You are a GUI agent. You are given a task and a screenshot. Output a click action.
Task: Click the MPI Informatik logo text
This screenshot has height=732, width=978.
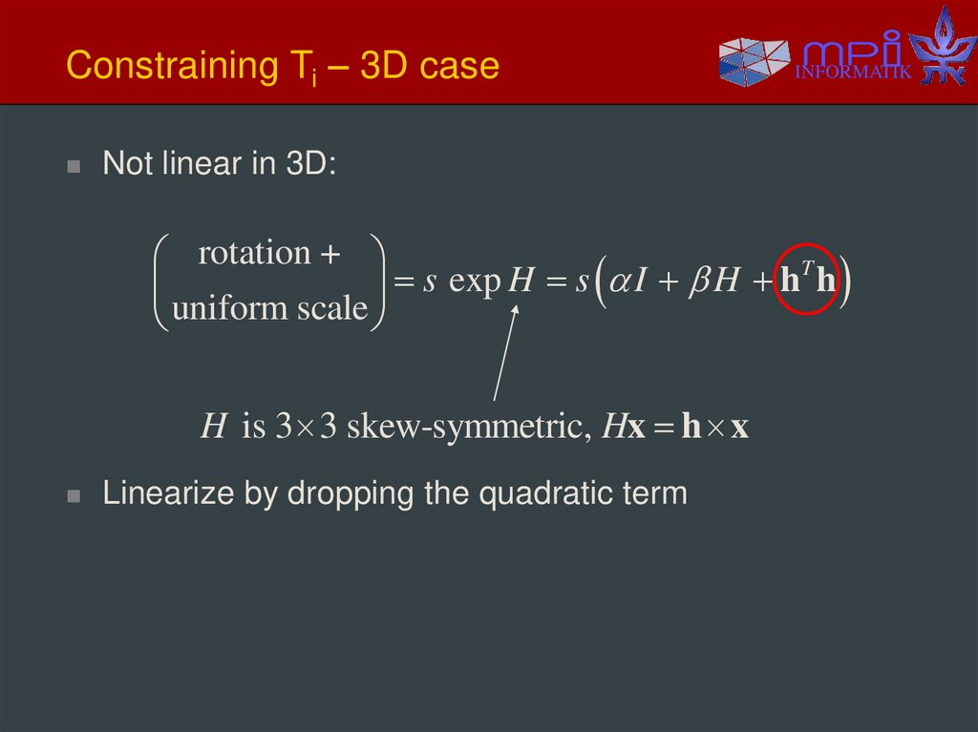coord(854,58)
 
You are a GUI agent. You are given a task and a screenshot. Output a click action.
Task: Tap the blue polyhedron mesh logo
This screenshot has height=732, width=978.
coord(755,60)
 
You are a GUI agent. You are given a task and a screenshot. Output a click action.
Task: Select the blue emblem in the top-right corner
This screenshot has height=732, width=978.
coord(943,45)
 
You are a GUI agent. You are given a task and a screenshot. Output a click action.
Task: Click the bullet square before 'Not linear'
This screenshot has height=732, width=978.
coord(74,166)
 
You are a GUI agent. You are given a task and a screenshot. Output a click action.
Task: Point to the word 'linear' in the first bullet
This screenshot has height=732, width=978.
coord(203,163)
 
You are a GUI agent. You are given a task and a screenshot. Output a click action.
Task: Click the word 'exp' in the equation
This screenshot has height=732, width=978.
coord(474,282)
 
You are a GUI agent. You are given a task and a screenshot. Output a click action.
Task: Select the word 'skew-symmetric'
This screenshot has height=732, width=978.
coord(463,426)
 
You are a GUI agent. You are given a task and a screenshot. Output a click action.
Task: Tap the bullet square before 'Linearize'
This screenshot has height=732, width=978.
coord(74,496)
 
